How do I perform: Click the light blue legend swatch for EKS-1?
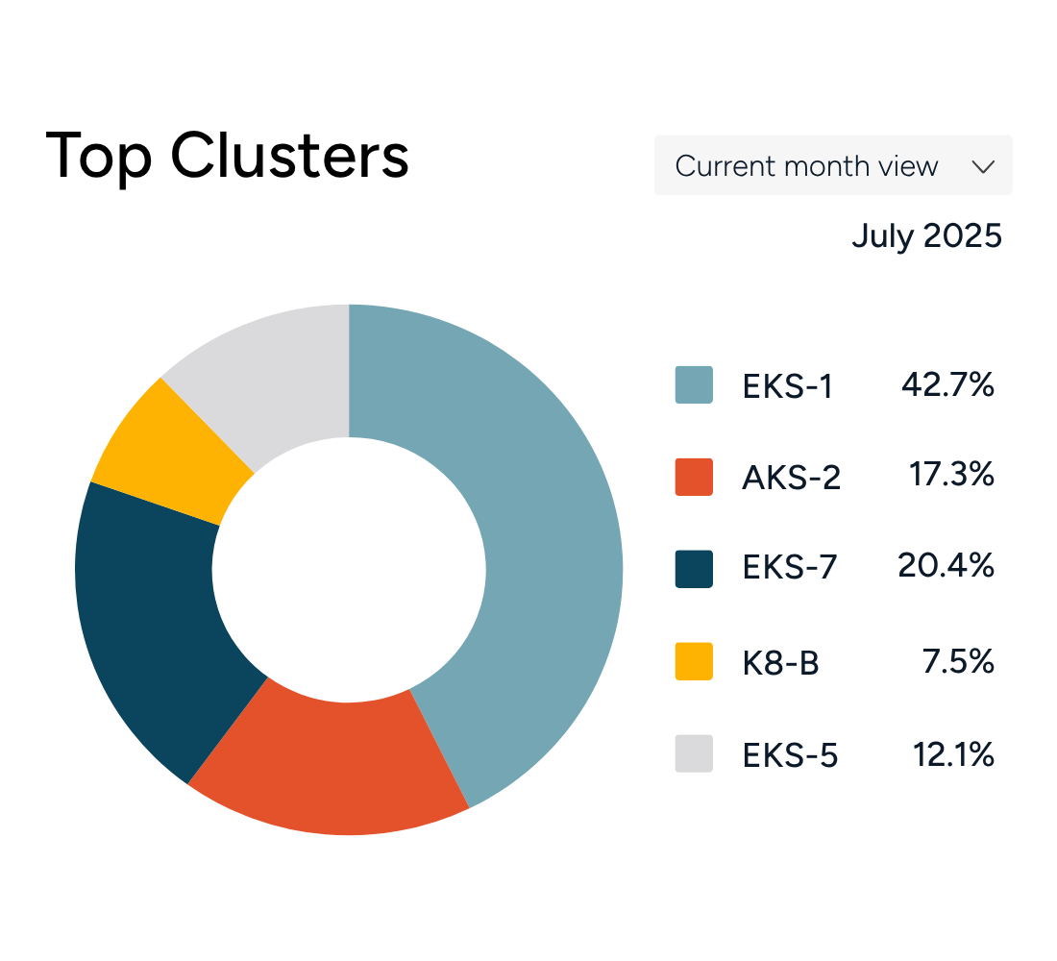(x=694, y=385)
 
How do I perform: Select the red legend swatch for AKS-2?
(x=694, y=477)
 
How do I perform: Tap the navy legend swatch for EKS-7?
(x=694, y=569)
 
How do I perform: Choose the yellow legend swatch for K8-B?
(x=694, y=661)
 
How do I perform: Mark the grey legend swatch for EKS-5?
(x=694, y=753)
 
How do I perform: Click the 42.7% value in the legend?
(x=947, y=384)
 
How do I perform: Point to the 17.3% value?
(x=952, y=474)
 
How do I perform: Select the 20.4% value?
(x=946, y=565)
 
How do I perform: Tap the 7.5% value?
(x=958, y=661)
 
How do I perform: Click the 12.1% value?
(x=953, y=754)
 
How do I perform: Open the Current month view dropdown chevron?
(x=984, y=166)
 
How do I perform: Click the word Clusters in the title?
(x=289, y=156)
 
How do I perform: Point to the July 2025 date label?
(x=927, y=236)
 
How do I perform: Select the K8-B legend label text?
(x=780, y=663)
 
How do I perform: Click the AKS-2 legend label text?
(x=792, y=478)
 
